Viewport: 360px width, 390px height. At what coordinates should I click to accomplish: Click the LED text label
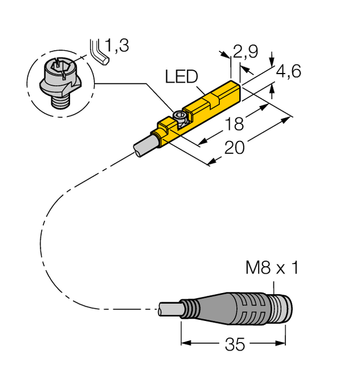[x=181, y=76]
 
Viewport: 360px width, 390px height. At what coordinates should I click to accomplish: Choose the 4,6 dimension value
[x=288, y=71]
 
